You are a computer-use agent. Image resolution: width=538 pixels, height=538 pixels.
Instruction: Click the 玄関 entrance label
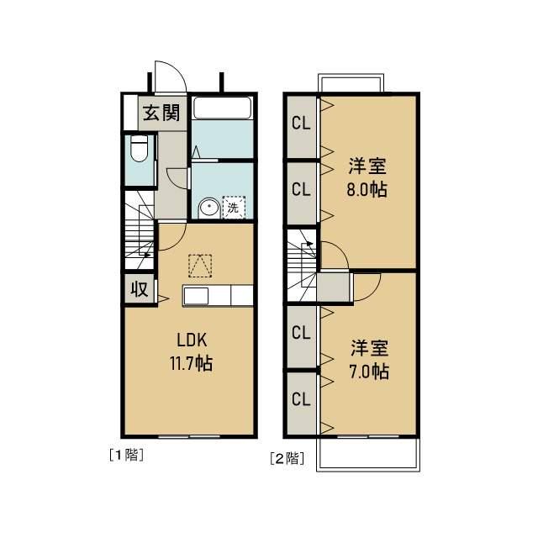click(160, 113)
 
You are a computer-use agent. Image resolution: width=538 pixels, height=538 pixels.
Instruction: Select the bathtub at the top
click(222, 108)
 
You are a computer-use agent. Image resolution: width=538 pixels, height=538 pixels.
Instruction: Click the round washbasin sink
click(208, 208)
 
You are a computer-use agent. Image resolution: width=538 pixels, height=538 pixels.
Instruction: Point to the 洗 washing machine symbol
click(230, 206)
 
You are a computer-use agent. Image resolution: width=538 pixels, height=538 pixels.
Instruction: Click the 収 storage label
click(139, 290)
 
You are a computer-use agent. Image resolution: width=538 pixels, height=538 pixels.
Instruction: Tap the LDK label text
click(192, 341)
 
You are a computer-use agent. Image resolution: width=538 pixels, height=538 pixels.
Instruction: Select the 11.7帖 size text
click(192, 365)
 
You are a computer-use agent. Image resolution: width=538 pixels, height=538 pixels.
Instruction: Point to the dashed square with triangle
click(200, 265)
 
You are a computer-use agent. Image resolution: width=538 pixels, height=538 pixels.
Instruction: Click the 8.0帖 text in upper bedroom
click(367, 189)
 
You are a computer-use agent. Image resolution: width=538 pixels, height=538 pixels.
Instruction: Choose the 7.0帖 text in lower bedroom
click(370, 370)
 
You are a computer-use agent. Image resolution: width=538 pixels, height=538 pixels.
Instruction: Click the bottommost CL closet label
click(301, 398)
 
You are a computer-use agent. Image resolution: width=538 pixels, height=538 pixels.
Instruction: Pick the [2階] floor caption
click(287, 458)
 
